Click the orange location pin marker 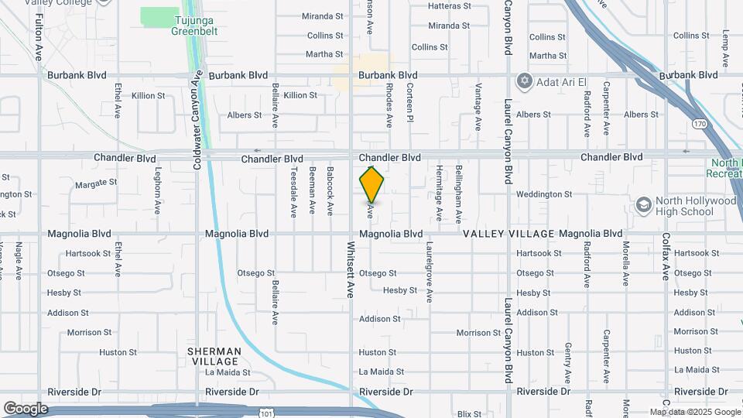tap(371, 185)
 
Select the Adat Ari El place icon tap(524, 81)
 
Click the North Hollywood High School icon tap(643, 205)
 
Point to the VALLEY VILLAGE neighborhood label tap(509, 234)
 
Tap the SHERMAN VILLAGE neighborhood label tap(214, 356)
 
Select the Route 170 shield tap(700, 123)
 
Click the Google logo tap(25, 408)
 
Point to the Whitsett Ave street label tap(351, 269)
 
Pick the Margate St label tap(96, 183)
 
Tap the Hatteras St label tap(450, 6)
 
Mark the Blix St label tap(470, 414)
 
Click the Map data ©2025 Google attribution tap(694, 412)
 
